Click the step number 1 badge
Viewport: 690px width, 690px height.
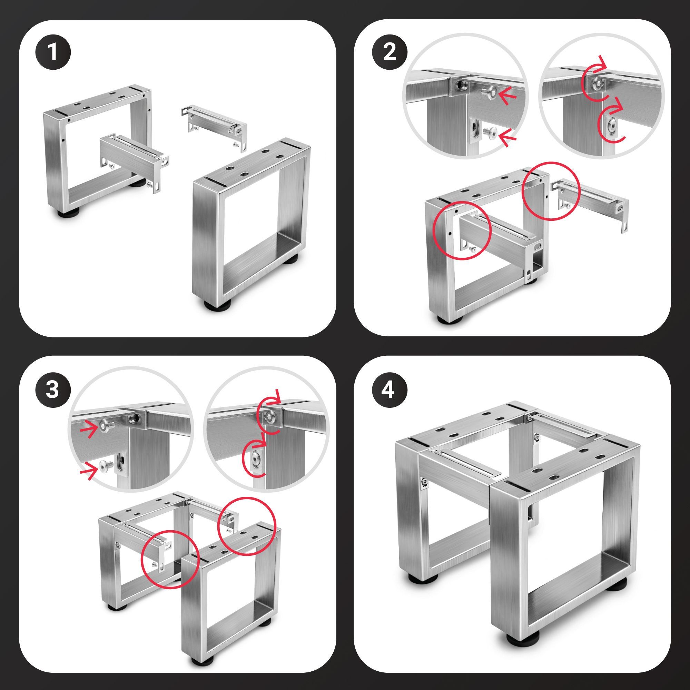(x=53, y=53)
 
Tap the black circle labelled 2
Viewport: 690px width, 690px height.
(x=390, y=53)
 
